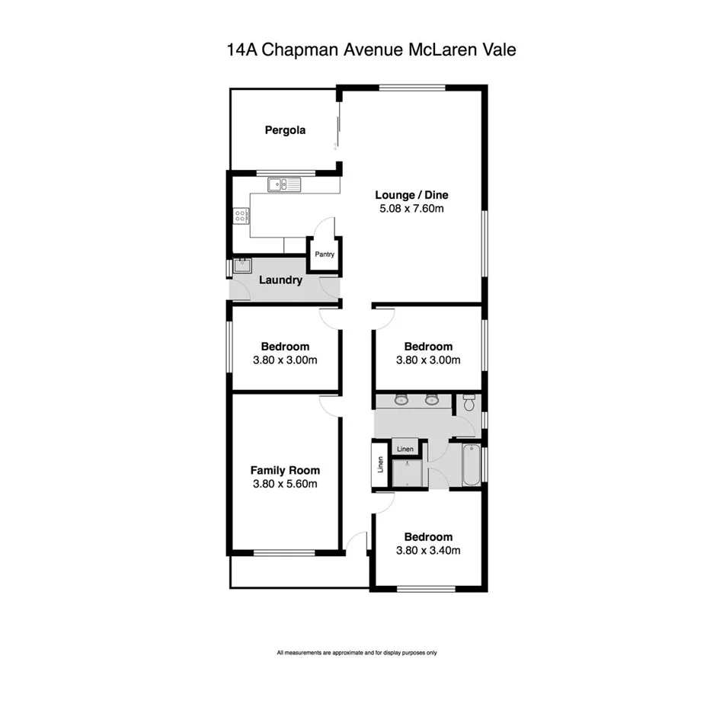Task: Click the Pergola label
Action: tap(285, 130)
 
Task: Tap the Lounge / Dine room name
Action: tap(411, 195)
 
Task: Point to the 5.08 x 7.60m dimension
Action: tap(411, 208)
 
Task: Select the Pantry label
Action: tap(325, 254)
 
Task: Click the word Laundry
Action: tap(280, 280)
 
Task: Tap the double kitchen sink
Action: tap(285, 184)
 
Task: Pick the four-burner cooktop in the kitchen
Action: tap(241, 216)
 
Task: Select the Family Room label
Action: tap(286, 470)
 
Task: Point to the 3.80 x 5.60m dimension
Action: tap(286, 484)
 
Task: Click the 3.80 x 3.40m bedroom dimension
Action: tap(428, 550)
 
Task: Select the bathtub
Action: tap(470, 465)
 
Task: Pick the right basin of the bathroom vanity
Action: tap(432, 399)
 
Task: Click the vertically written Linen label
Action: tap(380, 465)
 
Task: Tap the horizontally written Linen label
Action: tap(405, 449)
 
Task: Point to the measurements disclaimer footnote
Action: tap(357, 653)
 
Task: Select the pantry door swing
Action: tap(325, 226)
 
